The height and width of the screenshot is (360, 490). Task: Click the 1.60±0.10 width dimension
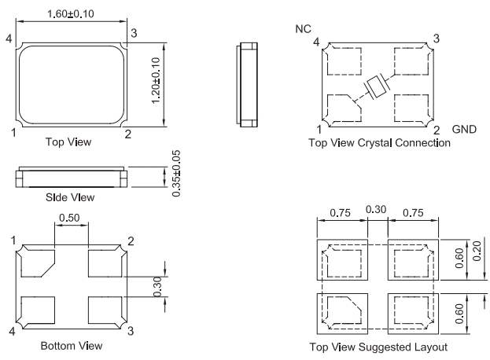(71, 13)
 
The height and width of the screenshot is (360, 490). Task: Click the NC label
(303, 29)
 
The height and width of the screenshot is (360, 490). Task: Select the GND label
(464, 129)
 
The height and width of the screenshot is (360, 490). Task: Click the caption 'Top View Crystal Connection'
(379, 143)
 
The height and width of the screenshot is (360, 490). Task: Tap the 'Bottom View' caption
(70, 345)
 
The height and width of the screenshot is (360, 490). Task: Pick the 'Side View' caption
(70, 197)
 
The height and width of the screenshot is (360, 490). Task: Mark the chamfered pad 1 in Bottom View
(37, 263)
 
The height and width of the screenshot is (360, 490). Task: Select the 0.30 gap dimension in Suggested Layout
(376, 211)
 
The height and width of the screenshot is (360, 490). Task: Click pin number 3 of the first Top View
(134, 32)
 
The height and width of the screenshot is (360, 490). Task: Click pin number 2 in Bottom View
(131, 239)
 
